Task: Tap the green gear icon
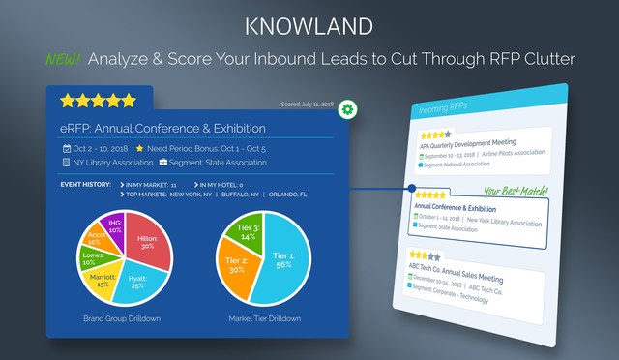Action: [346, 110]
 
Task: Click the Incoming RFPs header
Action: [447, 109]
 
